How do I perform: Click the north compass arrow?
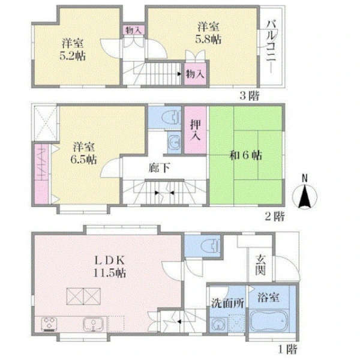tap(304, 196)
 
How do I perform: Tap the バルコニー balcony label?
tap(271, 47)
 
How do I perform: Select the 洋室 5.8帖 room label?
tap(208, 33)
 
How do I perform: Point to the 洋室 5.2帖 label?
tap(73, 50)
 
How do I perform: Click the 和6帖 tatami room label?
tap(245, 155)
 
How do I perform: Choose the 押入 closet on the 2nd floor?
tap(196, 130)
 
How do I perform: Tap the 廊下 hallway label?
tap(159, 168)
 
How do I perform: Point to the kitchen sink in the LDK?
tap(93, 324)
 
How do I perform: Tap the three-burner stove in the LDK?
tap(49, 324)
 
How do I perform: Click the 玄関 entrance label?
tap(260, 265)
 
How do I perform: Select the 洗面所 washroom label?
tap(227, 304)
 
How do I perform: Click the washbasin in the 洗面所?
tap(218, 325)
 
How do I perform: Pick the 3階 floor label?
tap(250, 95)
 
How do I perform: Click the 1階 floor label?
tap(288, 349)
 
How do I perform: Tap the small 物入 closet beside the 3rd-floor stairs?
tap(195, 74)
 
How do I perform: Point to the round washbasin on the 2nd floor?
tap(174, 142)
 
